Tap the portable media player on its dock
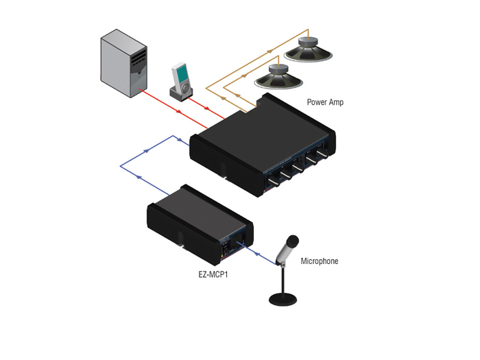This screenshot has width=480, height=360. click(180, 81)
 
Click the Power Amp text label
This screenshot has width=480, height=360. click(325, 102)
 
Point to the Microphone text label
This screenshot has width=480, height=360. click(319, 261)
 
